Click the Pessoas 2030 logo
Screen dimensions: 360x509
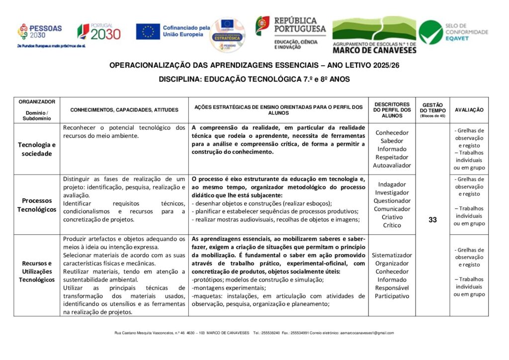pyautogui.click(x=40, y=31)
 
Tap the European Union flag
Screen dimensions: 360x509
pyautogui.click(x=148, y=32)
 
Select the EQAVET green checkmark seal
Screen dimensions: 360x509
pyautogui.click(x=430, y=32)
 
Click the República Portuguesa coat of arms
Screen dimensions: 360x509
pyautogui.click(x=262, y=25)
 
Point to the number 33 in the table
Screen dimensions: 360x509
pyautogui.click(x=432, y=220)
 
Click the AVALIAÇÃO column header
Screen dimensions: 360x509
pyautogui.click(x=469, y=110)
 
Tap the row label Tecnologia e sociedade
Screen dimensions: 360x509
pyautogui.click(x=37, y=149)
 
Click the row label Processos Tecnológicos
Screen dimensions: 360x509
pyautogui.click(x=37, y=204)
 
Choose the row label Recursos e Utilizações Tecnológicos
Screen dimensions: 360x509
pyautogui.click(x=37, y=271)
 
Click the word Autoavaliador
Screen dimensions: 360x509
pyautogui.click(x=392, y=165)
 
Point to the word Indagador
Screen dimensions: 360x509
pyautogui.click(x=392, y=184)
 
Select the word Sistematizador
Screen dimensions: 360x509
pyautogui.click(x=392, y=255)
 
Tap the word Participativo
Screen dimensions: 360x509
pyautogui.click(x=392, y=296)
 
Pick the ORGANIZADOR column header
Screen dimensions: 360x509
pyautogui.click(x=37, y=101)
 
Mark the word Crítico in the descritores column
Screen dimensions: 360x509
pyautogui.click(x=392, y=225)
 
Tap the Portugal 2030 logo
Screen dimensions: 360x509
pyautogui.click(x=99, y=32)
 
